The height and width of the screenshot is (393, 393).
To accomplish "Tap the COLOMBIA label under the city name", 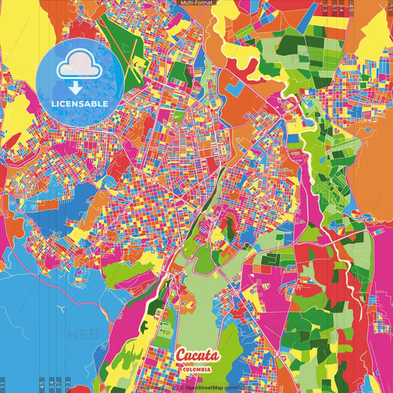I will (197, 369).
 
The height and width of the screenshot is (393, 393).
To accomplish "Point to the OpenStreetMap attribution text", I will (218, 386).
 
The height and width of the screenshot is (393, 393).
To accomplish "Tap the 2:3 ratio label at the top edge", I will (325, 9).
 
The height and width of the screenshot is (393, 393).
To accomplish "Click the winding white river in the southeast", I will (341, 254).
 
